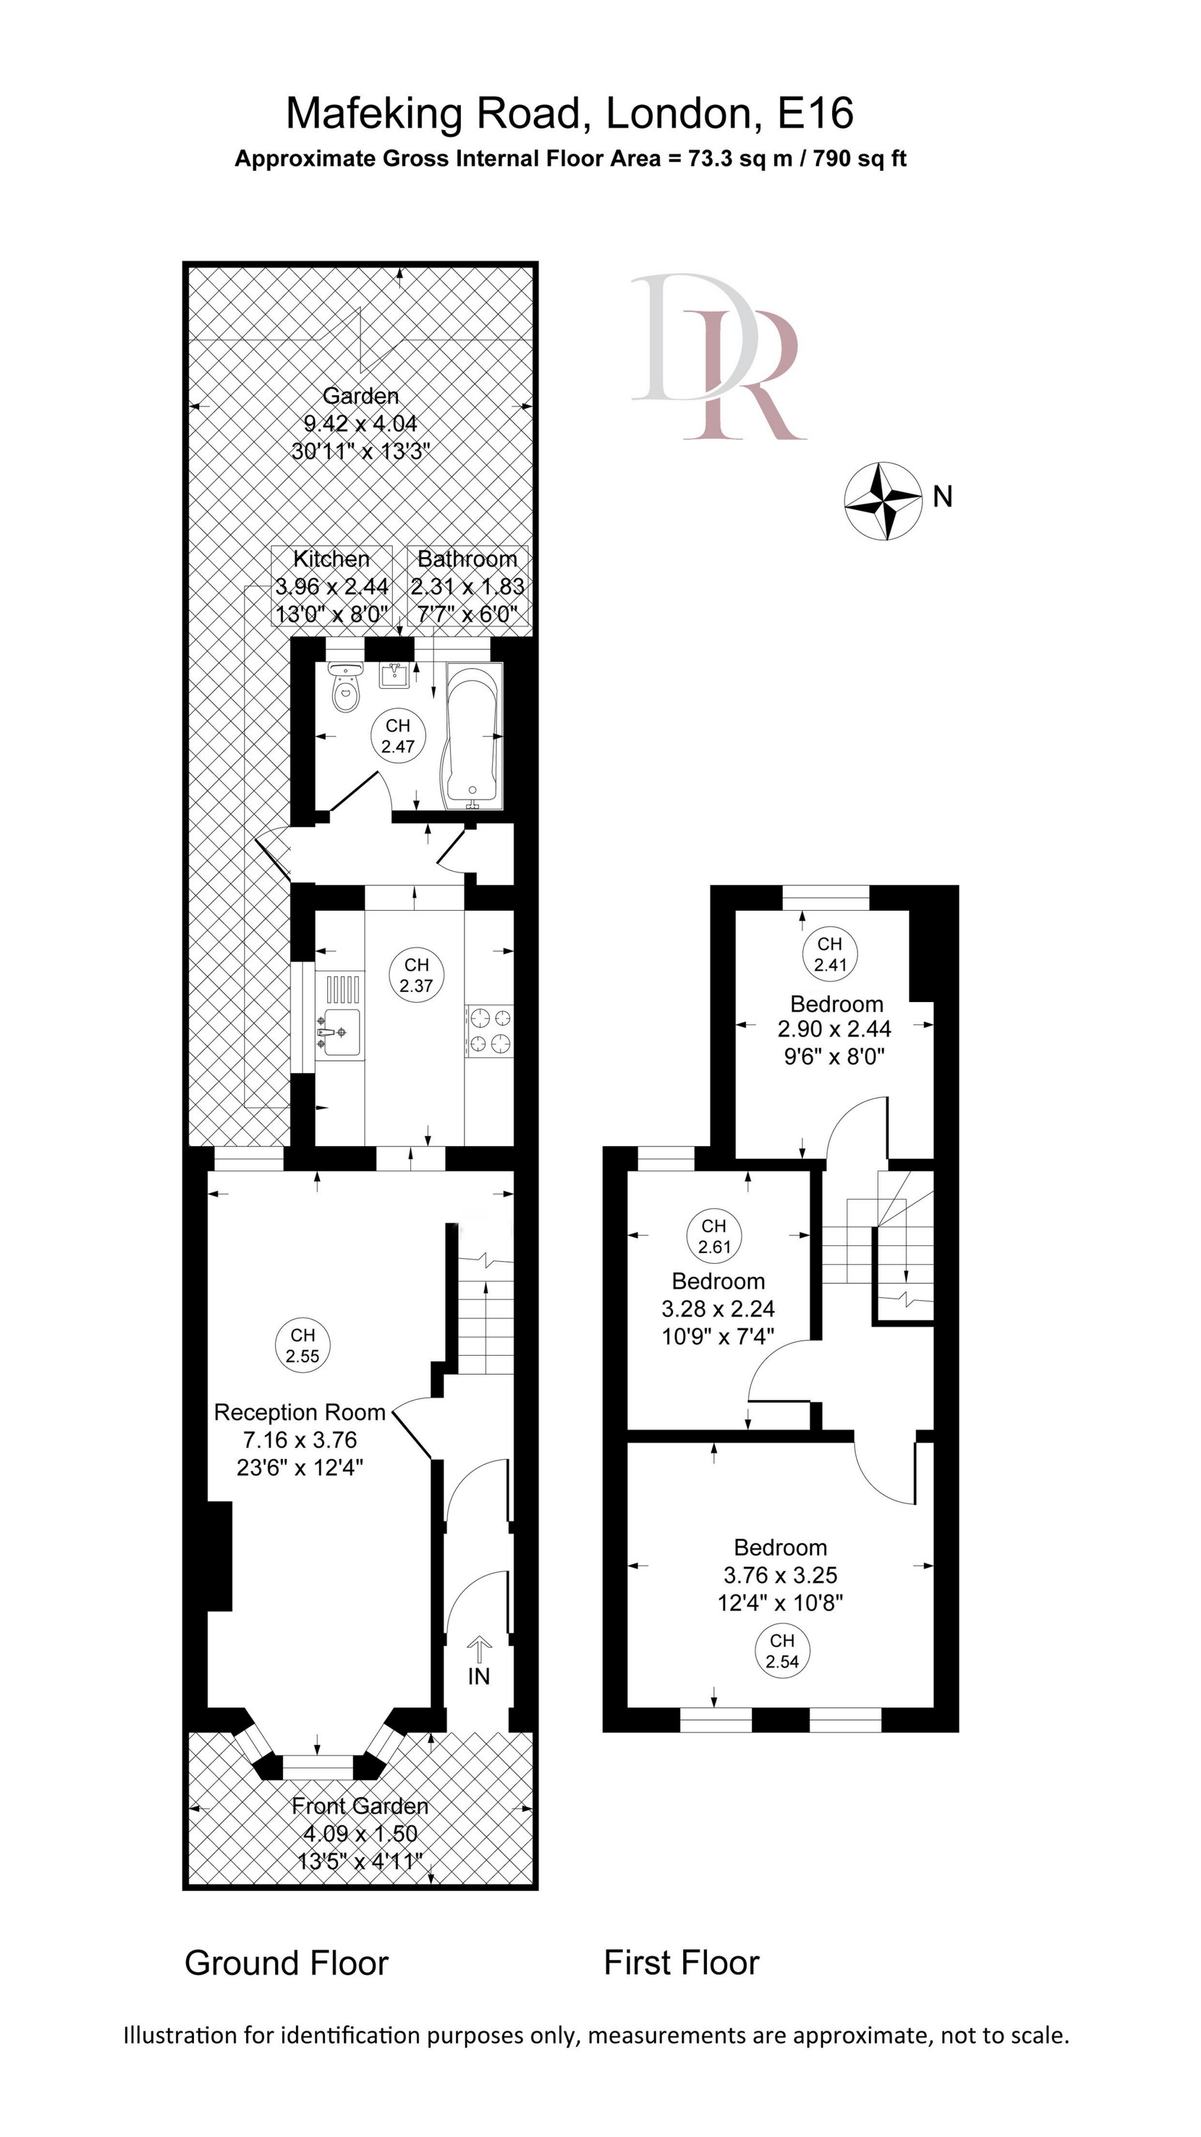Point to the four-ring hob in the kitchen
(x=489, y=1031)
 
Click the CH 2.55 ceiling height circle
(x=302, y=1345)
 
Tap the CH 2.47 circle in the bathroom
(x=398, y=735)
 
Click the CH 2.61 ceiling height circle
(x=714, y=1236)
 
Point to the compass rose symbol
(x=883, y=500)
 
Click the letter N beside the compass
(x=943, y=497)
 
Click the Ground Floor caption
(x=286, y=1962)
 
